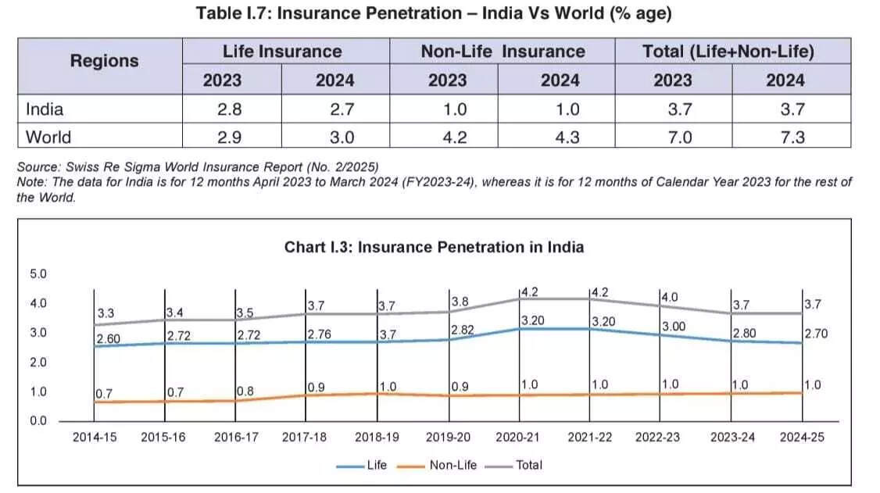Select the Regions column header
tap(104, 60)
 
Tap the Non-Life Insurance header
tap(503, 52)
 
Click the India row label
tap(45, 109)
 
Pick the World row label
tap(48, 137)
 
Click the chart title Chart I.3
tap(434, 247)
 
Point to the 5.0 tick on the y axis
tap(38, 274)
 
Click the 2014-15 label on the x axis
tap(95, 437)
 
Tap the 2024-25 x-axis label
tap(802, 437)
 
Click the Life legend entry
tap(376, 465)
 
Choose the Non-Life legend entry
tap(453, 465)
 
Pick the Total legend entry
tap(528, 465)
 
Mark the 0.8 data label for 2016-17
tap(245, 390)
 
